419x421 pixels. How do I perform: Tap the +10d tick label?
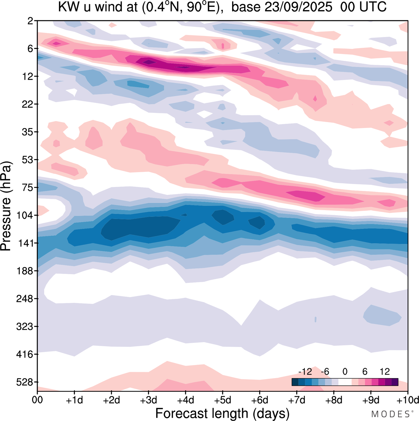click(407, 400)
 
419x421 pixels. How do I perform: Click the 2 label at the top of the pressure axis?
click(31, 21)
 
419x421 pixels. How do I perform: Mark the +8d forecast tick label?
click(334, 400)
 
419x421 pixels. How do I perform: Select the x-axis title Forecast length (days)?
click(222, 413)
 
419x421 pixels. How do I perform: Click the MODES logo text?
click(390, 414)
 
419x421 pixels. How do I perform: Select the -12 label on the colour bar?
click(305, 372)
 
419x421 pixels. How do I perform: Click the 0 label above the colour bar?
click(345, 372)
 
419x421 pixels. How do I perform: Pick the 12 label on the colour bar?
click(385, 372)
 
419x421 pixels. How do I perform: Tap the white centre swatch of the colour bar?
click(345, 382)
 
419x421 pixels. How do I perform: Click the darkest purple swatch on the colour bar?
click(395, 382)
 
